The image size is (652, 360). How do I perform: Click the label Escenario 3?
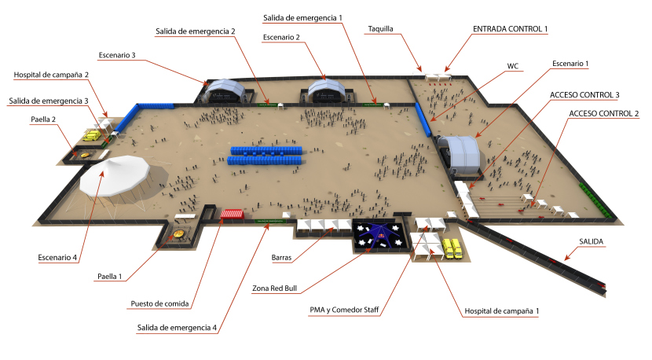pyautogui.click(x=117, y=56)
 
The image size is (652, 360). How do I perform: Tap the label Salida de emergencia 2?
pyautogui.click(x=196, y=31)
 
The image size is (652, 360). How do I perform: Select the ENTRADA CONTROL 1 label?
pyautogui.click(x=509, y=29)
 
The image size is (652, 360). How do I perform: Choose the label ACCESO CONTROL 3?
pyautogui.click(x=584, y=95)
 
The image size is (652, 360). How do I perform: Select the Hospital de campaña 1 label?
pyautogui.click(x=501, y=312)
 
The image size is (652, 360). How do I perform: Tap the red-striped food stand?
pyautogui.click(x=233, y=213)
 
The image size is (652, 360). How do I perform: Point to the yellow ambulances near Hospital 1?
pyautogui.click(x=452, y=248)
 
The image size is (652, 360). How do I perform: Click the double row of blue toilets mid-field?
pyautogui.click(x=265, y=155)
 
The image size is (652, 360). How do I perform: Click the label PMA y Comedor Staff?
pyautogui.click(x=345, y=310)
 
